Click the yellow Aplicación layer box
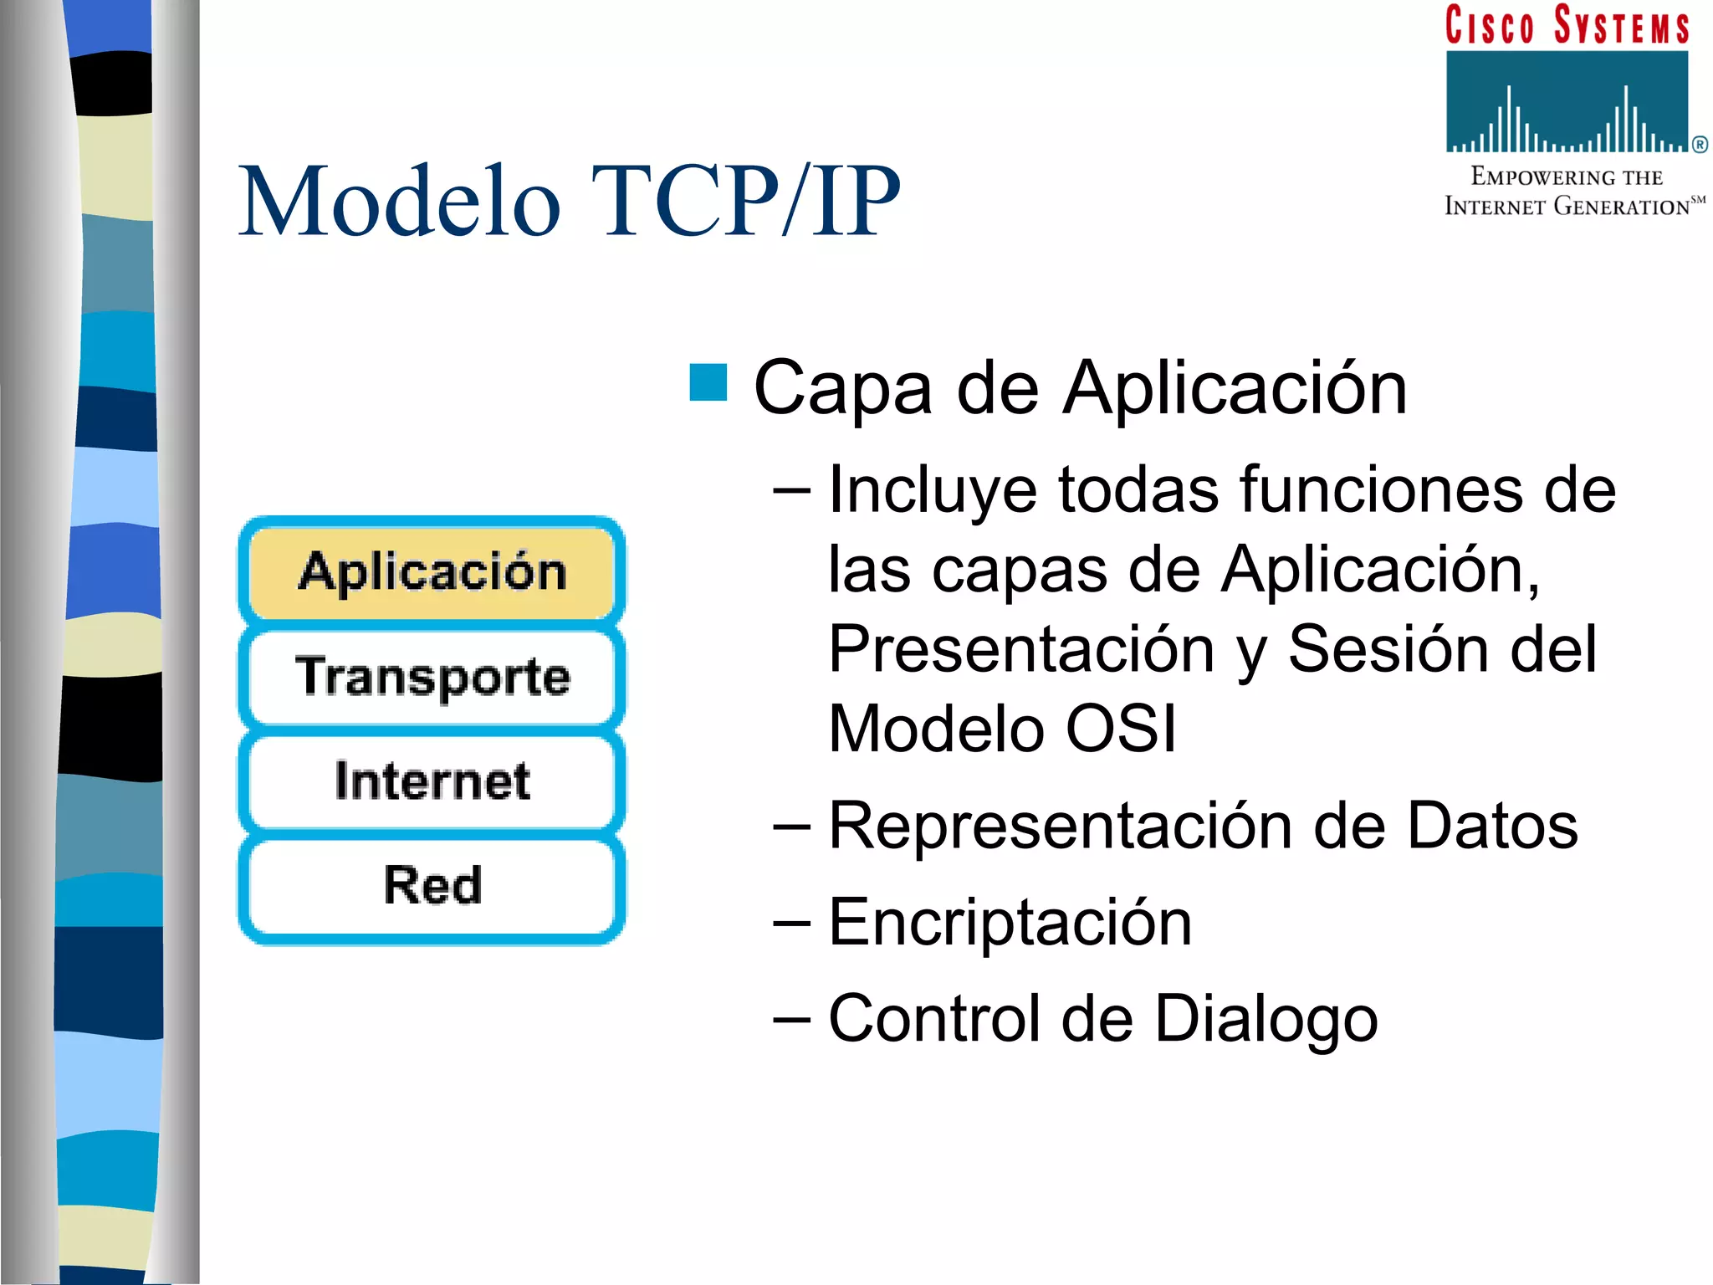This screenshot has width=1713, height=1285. coord(432,572)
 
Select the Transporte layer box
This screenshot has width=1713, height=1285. coord(432,676)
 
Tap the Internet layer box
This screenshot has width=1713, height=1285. coord(432,781)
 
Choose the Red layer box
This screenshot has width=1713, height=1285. coord(432,885)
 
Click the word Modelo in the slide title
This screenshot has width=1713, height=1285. coord(399,202)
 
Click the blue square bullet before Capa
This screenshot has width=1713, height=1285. coord(708,383)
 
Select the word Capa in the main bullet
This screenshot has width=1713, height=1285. coord(842,388)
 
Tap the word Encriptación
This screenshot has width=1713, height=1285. coord(1010,922)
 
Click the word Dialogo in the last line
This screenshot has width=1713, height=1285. coord(1266,1019)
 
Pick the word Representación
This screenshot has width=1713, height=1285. coord(1060,827)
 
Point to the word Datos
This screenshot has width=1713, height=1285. coord(1492,827)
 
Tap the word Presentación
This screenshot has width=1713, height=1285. coord(1020,650)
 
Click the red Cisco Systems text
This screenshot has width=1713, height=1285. coord(1567,25)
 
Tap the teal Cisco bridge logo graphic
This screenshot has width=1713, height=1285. coord(1567,102)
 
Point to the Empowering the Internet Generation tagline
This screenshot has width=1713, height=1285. coord(1567,192)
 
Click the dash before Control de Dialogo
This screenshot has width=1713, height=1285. coord(791,1019)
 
